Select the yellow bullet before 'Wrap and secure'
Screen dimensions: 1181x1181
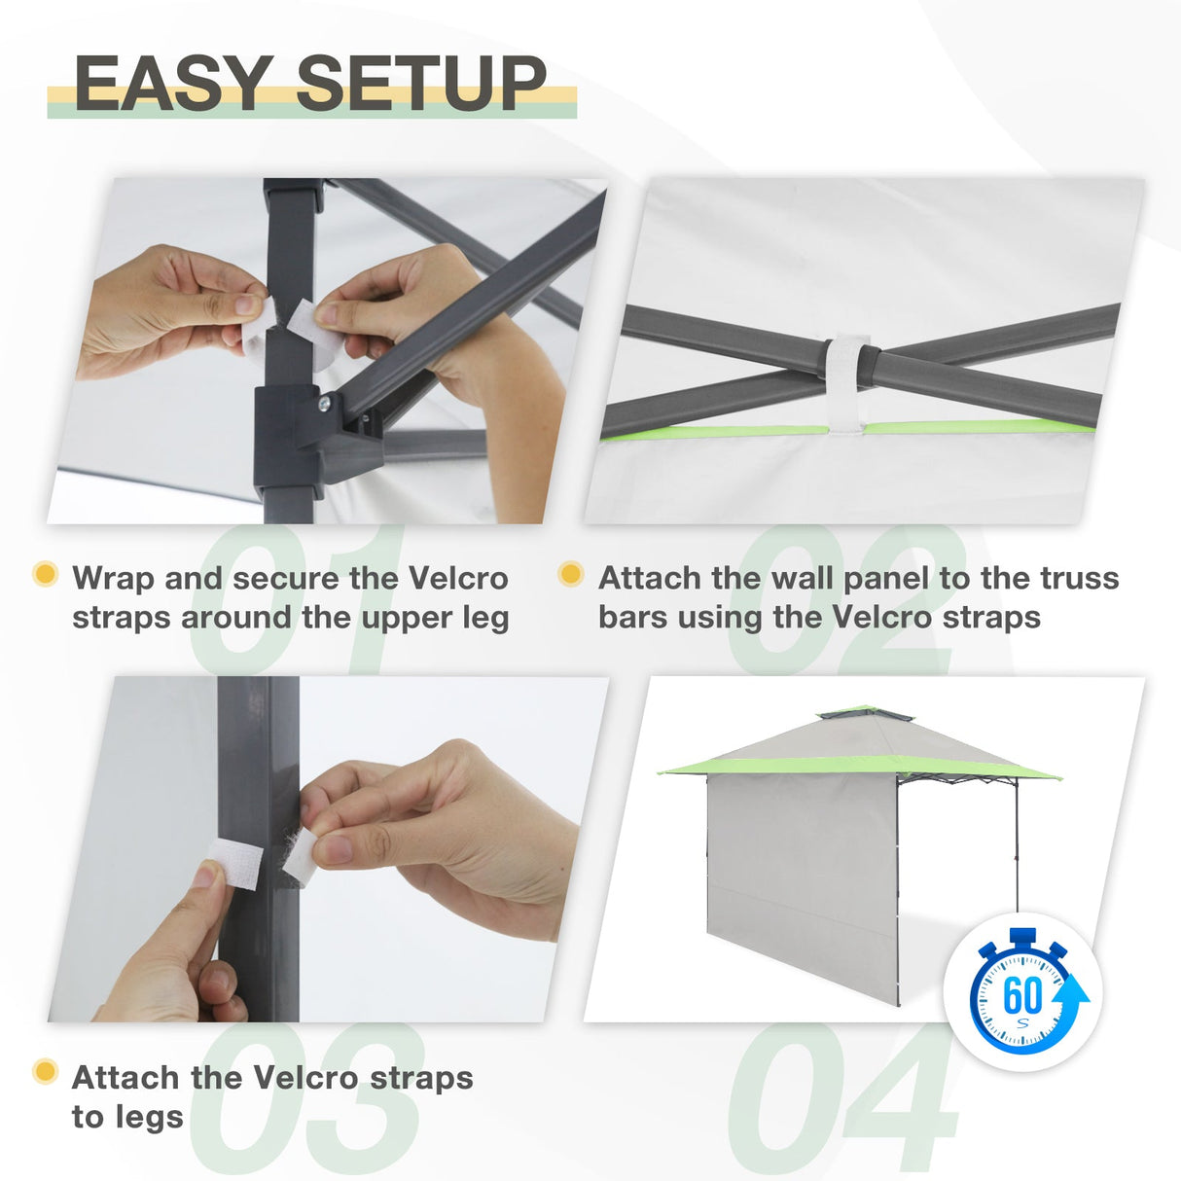45,574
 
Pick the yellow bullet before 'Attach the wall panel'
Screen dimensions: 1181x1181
571,574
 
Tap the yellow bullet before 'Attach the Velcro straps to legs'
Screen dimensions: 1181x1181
45,1072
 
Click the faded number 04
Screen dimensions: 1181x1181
842,1099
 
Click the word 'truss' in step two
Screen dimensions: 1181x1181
1080,578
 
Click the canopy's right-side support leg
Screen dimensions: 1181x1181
1018,846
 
